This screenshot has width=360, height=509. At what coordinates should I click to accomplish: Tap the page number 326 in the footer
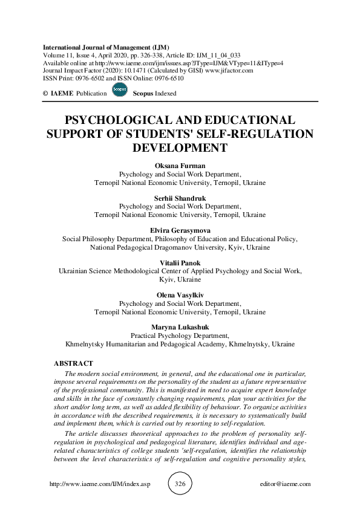(180, 484)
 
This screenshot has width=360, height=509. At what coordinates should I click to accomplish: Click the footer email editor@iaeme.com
(283, 484)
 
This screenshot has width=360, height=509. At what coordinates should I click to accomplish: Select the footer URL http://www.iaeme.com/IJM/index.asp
(90, 484)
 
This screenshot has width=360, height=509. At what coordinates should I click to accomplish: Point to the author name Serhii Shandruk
(180, 197)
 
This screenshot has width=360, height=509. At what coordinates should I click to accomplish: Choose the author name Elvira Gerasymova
(180, 230)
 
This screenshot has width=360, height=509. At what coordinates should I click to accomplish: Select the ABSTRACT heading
(74, 363)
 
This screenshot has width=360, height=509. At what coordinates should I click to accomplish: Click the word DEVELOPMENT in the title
(180, 147)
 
